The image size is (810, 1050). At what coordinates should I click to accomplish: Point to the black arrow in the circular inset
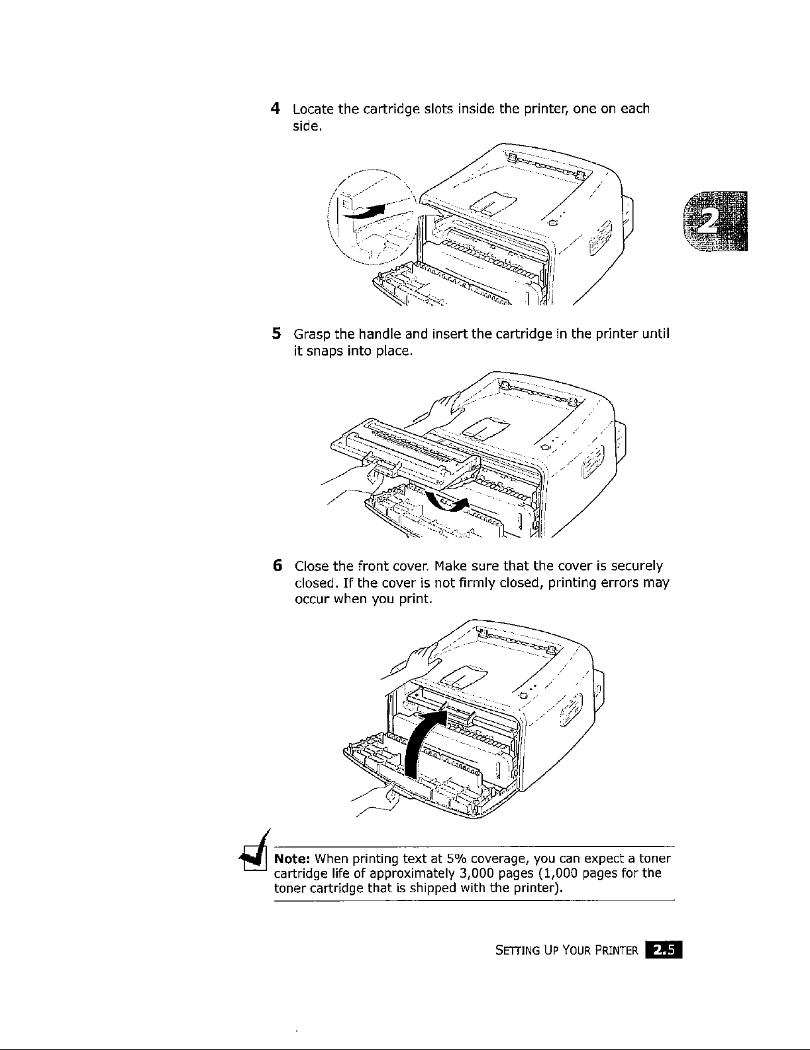[x=368, y=211]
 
